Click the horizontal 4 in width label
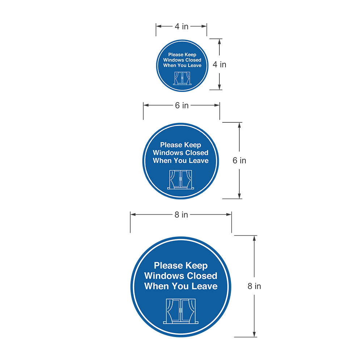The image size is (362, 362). [181, 26]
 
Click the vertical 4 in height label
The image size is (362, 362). [219, 64]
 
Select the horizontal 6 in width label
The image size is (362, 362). [182, 105]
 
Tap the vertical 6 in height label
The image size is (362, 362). [239, 160]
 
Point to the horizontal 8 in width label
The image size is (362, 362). [181, 214]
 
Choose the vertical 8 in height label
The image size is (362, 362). [254, 286]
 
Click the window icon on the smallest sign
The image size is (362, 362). [182, 79]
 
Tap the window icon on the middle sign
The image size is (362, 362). [181, 180]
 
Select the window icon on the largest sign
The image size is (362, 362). [181, 311]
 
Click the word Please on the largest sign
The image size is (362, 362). [168, 266]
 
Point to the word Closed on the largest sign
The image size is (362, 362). [202, 276]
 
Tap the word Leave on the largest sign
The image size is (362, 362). [205, 286]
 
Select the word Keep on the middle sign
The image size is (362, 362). [192, 145]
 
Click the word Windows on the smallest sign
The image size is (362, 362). [173, 60]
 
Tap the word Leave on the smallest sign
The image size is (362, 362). [195, 66]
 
